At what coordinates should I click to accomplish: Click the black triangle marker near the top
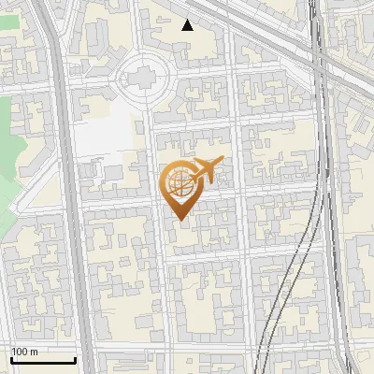click(188, 25)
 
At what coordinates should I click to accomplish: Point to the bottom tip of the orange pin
click(180, 221)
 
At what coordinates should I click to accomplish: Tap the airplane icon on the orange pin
click(207, 169)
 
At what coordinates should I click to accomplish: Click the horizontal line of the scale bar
click(43, 361)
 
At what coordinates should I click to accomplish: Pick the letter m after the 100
click(33, 352)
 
